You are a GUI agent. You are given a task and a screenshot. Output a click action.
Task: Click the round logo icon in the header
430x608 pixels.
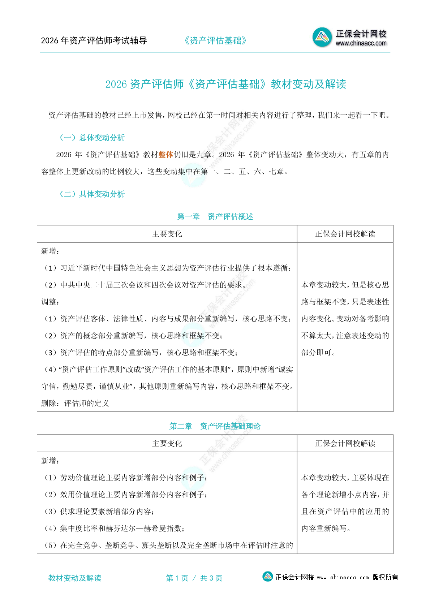322,37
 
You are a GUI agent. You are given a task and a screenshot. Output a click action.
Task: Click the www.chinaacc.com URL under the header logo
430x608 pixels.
361,43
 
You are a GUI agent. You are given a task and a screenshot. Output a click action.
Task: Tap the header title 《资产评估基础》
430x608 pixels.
215,40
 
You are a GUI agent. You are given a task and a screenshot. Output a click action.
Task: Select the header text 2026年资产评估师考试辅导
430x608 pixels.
94,40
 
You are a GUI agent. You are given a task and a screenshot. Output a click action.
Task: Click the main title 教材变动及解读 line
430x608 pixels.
225,84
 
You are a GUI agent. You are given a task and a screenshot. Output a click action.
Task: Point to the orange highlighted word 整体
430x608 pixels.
166,155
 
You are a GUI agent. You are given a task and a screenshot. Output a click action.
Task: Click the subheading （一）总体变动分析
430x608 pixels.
92,138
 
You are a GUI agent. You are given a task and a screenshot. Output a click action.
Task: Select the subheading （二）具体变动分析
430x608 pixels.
92,194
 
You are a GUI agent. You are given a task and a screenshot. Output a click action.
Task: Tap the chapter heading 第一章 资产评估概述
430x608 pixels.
215,216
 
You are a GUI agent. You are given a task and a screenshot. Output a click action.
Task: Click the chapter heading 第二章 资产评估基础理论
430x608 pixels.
215,426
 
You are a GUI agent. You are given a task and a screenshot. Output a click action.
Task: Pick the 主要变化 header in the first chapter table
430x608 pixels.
167,234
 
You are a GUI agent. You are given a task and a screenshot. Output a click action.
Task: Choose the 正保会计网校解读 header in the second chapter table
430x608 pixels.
345,444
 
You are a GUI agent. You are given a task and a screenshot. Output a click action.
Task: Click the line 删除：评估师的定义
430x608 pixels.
75,403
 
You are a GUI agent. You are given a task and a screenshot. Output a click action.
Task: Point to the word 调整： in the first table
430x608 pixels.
50,302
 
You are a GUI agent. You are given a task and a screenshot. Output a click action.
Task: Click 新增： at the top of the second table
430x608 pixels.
50,461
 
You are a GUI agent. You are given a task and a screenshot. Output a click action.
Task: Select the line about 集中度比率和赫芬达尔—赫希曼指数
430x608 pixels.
115,529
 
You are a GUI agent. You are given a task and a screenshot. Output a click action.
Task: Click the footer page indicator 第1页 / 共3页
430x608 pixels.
194,578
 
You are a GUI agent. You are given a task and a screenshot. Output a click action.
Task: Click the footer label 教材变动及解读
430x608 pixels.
75,578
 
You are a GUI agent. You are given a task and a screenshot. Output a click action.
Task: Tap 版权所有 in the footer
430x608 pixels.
385,577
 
